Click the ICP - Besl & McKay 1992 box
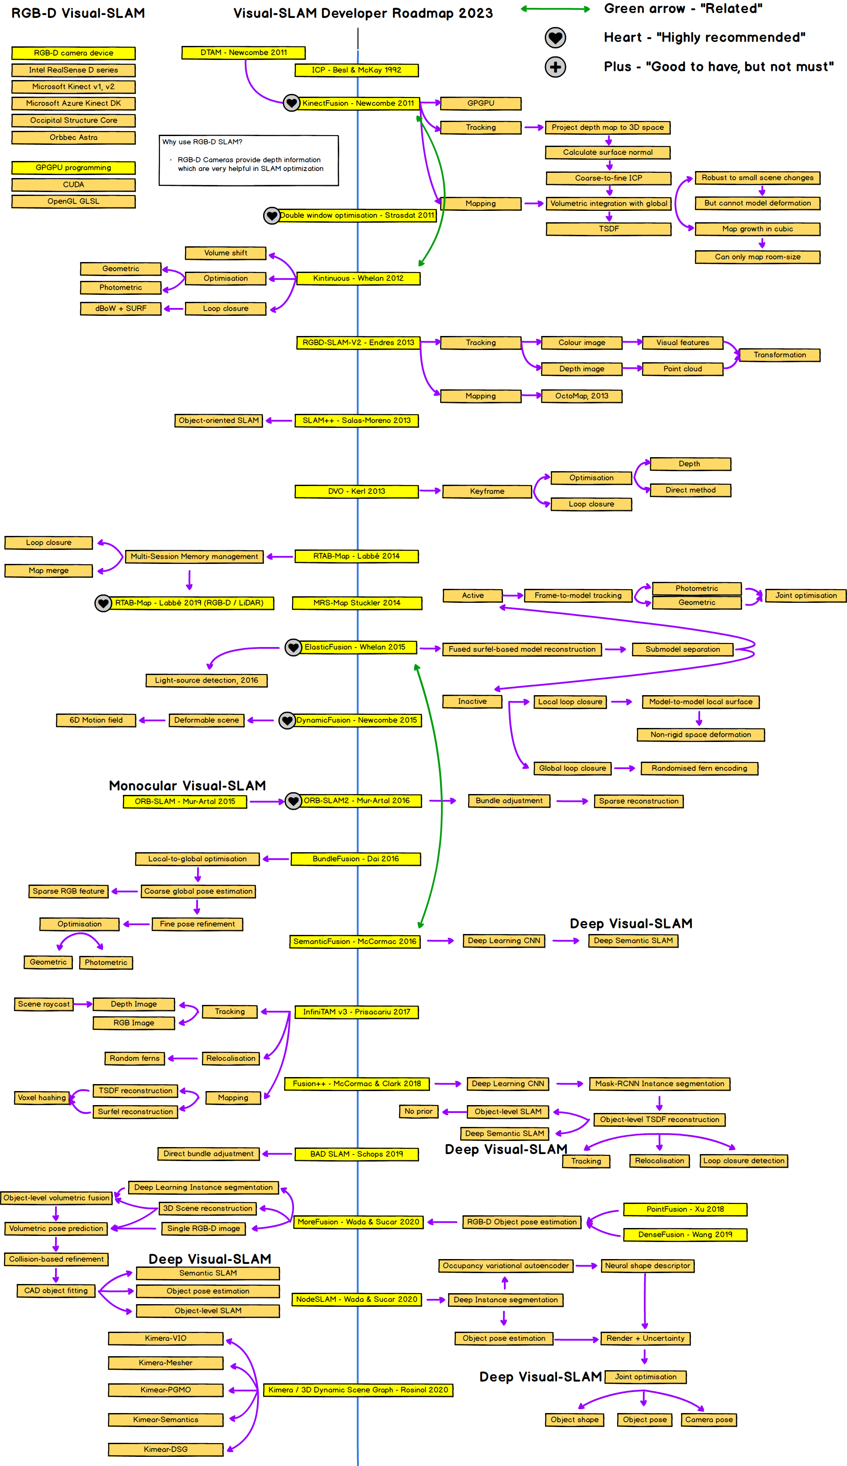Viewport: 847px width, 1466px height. (x=356, y=70)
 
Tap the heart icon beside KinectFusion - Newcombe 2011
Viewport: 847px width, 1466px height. (x=291, y=103)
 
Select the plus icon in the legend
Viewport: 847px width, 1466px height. (x=555, y=67)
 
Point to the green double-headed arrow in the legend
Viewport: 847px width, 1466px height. (x=555, y=9)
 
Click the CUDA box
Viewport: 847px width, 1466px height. (x=73, y=185)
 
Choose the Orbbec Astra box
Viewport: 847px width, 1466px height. (x=73, y=138)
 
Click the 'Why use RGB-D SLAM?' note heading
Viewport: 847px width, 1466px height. (x=202, y=142)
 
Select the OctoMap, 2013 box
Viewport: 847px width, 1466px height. (x=581, y=396)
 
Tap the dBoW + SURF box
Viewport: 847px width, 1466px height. (x=120, y=308)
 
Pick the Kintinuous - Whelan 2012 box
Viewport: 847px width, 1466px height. (x=358, y=279)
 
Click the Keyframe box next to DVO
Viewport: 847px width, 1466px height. (x=487, y=492)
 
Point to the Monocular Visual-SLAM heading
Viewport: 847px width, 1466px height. (x=187, y=786)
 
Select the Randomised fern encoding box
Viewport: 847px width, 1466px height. (x=699, y=769)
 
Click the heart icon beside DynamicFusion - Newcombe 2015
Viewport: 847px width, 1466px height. (x=287, y=720)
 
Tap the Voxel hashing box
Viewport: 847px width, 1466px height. (x=42, y=1098)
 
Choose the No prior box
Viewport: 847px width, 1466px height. (x=419, y=1111)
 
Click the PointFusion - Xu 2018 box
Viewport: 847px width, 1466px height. (x=685, y=1210)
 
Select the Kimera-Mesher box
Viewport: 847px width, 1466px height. (x=166, y=1363)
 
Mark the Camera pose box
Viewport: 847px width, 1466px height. (x=708, y=1420)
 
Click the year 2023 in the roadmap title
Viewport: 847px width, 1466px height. (x=476, y=14)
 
